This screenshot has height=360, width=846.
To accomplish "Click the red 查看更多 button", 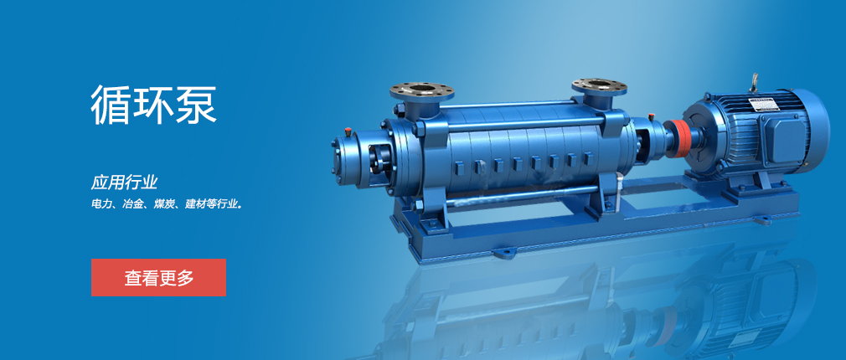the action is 158,278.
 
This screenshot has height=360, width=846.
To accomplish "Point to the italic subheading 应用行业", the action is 124,183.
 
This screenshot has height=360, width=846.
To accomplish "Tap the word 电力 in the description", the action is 100,205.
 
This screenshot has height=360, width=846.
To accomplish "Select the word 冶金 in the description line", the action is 132,205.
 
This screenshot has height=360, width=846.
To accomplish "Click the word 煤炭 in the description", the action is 163,205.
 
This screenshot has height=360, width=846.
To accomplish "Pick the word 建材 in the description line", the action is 194,205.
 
